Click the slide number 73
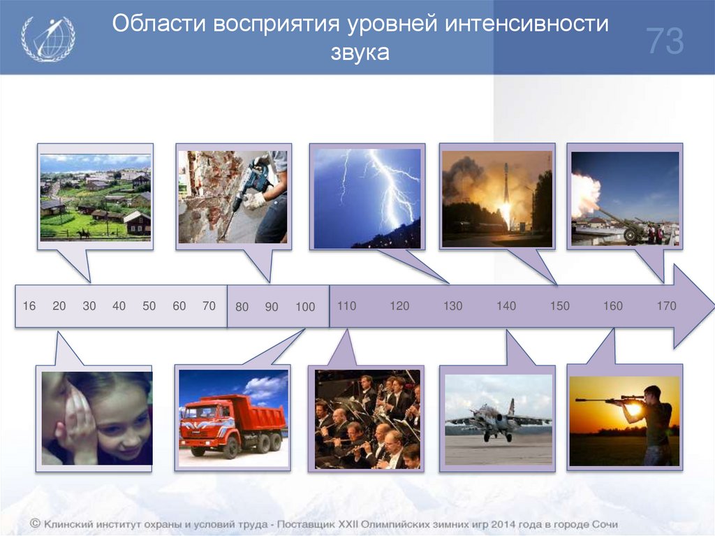point(664,41)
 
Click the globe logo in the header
point(47,38)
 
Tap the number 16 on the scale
point(29,306)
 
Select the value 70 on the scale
point(209,306)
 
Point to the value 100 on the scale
point(305,307)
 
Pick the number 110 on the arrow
point(346,306)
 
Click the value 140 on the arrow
point(506,306)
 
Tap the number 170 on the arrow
point(667,306)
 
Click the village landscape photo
point(96,196)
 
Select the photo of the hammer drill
point(233,196)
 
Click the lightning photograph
point(367,198)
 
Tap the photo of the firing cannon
point(624,198)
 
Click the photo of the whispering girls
point(96,418)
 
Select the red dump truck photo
point(233,418)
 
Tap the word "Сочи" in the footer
point(603,523)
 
